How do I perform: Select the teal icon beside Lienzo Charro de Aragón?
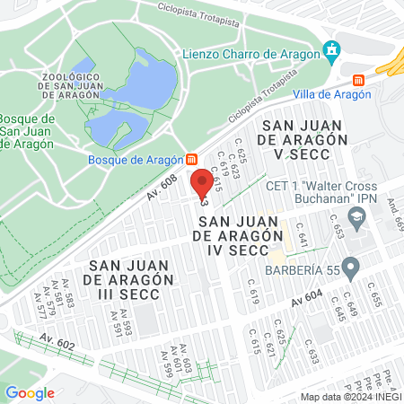pyautogui.click(x=334, y=48)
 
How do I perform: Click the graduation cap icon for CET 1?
pyautogui.click(x=356, y=216)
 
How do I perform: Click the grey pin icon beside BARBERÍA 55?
pyautogui.click(x=351, y=267)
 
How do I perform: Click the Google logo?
pyautogui.click(x=30, y=392)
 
